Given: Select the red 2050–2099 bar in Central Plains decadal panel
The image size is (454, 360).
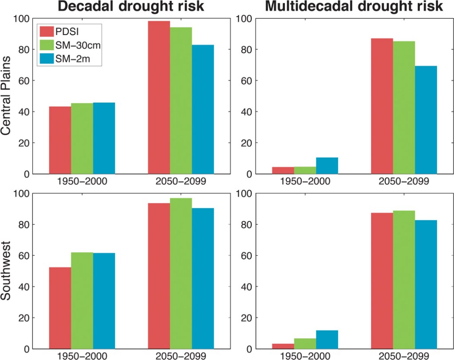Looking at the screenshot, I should (x=159, y=97).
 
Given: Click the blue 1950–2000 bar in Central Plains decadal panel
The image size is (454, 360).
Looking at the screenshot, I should (x=104, y=138).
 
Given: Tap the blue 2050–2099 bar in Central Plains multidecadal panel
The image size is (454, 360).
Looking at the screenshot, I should (x=426, y=120).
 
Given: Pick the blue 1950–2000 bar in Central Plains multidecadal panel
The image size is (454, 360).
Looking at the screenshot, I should (x=327, y=166).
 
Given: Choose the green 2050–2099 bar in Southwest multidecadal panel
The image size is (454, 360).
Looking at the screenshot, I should (x=404, y=280).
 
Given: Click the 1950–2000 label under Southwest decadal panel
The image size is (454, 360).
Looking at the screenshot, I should (x=82, y=356).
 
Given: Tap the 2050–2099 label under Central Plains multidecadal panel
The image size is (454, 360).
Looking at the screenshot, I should (x=404, y=182).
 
